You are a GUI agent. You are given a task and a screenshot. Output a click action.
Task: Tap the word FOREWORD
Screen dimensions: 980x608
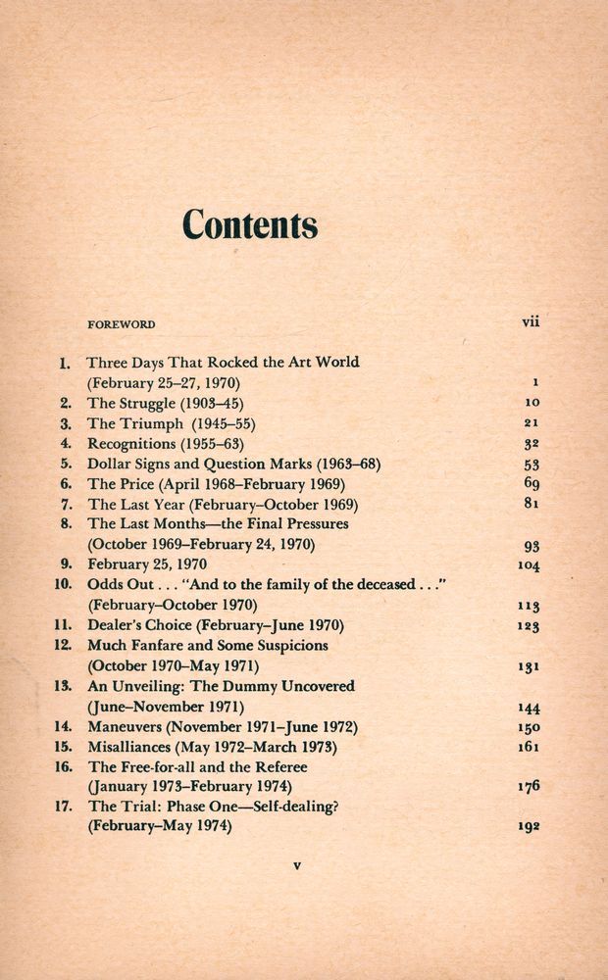tap(122, 323)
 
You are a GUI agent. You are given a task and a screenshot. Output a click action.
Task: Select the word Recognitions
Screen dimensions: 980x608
tap(129, 444)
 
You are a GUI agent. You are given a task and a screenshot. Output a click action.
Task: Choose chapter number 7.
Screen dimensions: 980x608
tap(67, 505)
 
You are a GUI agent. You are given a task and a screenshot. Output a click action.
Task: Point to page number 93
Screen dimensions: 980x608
tap(532, 546)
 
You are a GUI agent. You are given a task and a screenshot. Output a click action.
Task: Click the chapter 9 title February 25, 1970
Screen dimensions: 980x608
tap(147, 564)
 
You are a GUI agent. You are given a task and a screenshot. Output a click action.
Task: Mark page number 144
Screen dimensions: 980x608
tap(529, 708)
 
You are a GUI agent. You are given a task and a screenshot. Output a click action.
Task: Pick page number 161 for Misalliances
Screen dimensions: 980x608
tap(529, 747)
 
